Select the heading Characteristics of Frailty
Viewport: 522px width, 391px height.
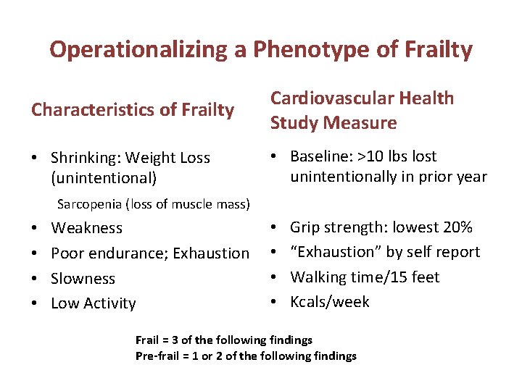click(x=133, y=110)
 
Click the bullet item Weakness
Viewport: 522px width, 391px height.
click(x=86, y=228)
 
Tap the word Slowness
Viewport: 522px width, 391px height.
click(x=83, y=278)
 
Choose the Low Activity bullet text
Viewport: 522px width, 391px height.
click(x=93, y=303)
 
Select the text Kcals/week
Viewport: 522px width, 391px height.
click(x=329, y=302)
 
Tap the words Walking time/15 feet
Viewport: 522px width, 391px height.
click(x=365, y=277)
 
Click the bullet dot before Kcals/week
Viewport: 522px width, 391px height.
click(x=275, y=302)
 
